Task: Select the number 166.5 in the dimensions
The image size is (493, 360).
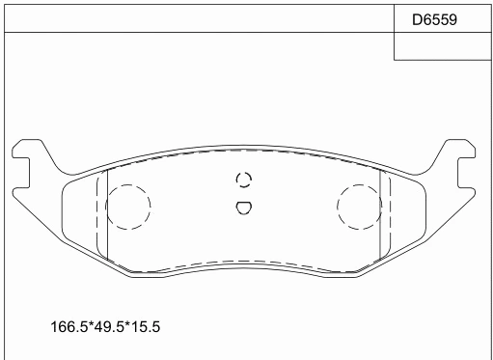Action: tap(67, 328)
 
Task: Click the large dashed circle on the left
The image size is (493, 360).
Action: tap(127, 207)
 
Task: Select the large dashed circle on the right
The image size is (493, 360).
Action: tap(361, 207)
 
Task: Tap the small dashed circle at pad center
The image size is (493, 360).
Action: tap(243, 180)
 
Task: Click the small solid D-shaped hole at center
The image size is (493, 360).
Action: tap(243, 206)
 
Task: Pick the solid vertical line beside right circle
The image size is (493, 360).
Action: tap(384, 217)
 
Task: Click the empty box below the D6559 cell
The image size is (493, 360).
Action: tap(442, 46)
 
